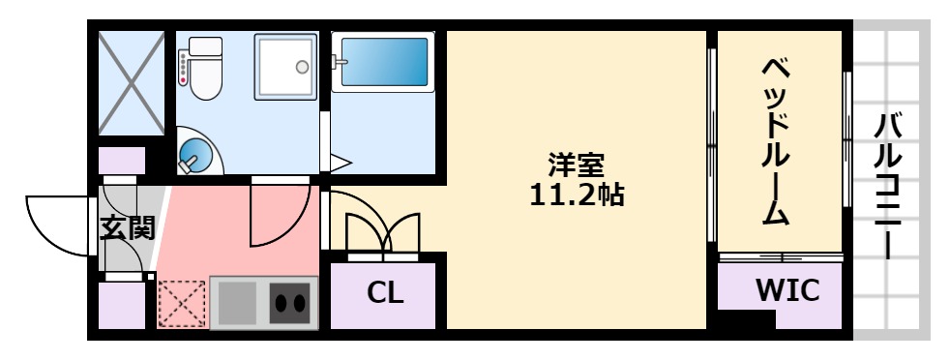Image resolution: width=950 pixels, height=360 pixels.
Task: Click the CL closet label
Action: click(384, 291)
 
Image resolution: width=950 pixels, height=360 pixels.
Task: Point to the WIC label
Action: click(787, 288)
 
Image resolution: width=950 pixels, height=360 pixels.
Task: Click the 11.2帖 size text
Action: click(577, 195)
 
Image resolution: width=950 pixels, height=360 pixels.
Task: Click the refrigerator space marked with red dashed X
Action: click(181, 303)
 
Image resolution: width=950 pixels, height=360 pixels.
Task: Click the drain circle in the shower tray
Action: click(303, 67)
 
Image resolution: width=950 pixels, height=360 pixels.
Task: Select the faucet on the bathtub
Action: click(339, 63)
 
